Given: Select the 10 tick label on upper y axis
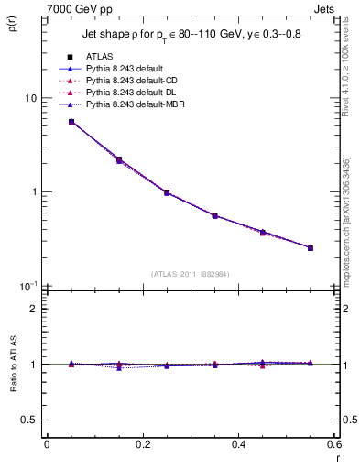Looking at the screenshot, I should pyautogui.click(x=29, y=98).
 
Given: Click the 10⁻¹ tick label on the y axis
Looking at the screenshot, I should pyautogui.click(x=27, y=286).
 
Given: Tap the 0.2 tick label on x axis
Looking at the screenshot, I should pyautogui.click(x=142, y=444).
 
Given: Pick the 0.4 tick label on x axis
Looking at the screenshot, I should pyautogui.click(x=238, y=444).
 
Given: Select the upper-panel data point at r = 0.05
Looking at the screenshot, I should pyautogui.click(x=71, y=122).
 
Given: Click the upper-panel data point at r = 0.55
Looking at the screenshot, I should pyautogui.click(x=311, y=247).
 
